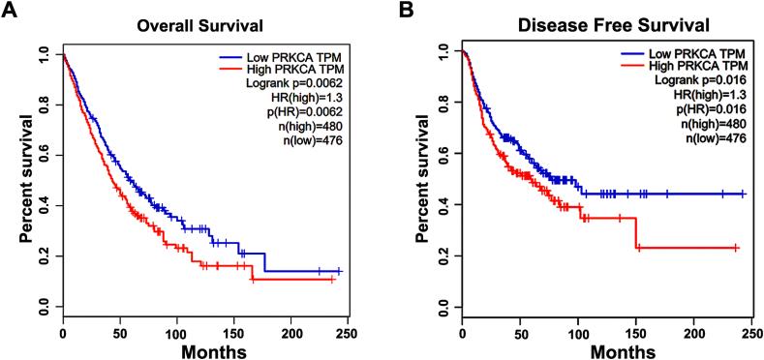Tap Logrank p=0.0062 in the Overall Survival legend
[294, 86]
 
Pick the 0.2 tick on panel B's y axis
[443, 255]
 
